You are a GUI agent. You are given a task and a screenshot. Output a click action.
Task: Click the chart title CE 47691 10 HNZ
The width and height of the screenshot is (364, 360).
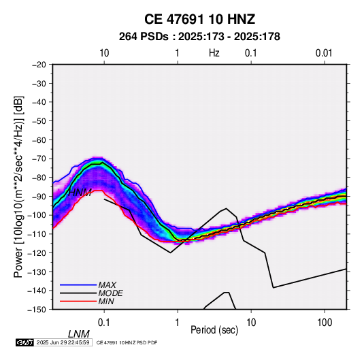199,19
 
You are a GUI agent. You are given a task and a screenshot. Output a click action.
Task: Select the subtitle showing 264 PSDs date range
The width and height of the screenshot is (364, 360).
199,37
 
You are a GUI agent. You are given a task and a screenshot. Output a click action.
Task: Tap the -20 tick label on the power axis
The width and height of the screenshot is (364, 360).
39,65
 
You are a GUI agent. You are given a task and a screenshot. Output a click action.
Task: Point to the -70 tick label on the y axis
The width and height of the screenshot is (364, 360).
39,159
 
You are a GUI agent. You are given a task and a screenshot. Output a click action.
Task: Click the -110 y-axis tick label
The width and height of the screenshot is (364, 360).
37,234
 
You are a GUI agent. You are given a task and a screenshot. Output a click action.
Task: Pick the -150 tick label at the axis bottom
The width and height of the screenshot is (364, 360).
37,310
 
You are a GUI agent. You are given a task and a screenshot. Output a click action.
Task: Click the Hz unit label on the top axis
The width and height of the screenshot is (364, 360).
214,53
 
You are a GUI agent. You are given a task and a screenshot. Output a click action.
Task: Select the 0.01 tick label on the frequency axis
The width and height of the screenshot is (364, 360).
324,53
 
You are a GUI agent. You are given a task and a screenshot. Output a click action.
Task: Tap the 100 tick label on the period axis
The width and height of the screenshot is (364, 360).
325,323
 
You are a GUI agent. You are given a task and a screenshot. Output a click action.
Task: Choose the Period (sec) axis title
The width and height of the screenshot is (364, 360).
214,330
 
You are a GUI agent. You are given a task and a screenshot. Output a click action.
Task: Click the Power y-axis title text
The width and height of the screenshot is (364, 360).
18,186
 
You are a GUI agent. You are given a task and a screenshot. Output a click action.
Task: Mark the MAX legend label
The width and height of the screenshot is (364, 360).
107,284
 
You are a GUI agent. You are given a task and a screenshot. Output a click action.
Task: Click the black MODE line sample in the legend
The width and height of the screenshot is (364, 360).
78,293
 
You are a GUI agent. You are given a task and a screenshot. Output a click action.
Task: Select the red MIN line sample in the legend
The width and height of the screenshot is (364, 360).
78,301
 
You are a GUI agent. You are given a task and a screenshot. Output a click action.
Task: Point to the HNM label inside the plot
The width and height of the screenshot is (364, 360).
80,193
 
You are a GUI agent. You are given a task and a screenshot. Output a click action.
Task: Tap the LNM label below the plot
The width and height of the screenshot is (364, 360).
79,334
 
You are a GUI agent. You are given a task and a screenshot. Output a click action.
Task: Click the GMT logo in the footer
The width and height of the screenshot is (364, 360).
24,342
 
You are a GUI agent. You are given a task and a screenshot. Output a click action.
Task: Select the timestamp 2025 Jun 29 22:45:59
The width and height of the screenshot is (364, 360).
63,342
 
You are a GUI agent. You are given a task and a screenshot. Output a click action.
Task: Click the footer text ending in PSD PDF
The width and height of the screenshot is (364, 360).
127,342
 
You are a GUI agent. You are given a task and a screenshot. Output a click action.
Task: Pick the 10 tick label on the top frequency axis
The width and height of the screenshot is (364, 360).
104,53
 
